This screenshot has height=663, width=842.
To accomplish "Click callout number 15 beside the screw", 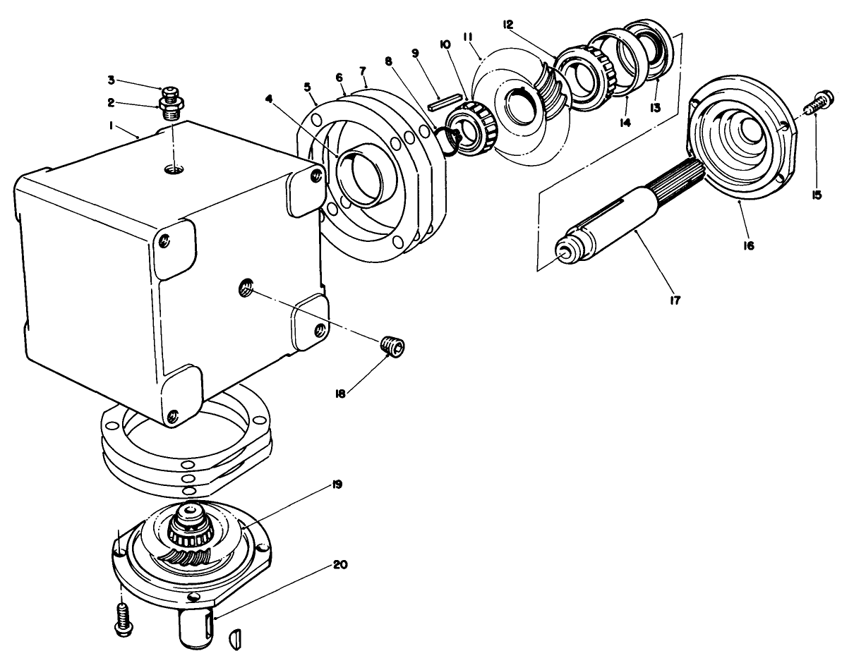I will pyautogui.click(x=816, y=195).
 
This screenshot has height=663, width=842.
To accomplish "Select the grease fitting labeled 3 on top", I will pyautogui.click(x=169, y=93).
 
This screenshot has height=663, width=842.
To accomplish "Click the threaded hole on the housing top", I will pyautogui.click(x=172, y=169).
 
